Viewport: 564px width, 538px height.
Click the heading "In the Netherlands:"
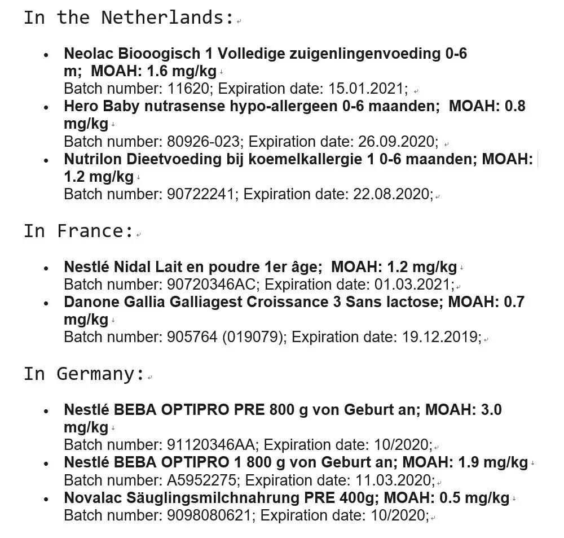(x=129, y=18)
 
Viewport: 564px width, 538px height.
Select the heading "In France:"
(x=78, y=231)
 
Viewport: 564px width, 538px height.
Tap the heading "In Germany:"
(x=84, y=374)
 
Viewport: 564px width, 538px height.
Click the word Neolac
(x=89, y=54)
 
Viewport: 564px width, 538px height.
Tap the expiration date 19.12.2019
(x=439, y=337)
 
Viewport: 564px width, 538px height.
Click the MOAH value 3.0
(x=489, y=409)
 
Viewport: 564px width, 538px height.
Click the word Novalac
(x=90, y=498)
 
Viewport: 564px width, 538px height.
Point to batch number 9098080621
(x=211, y=515)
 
